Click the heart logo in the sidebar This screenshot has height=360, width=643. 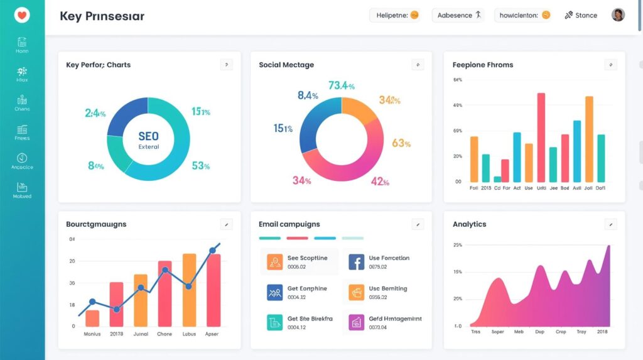pyautogui.click(x=22, y=16)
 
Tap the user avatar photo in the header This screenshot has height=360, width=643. pyautogui.click(x=618, y=15)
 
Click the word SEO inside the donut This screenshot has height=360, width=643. pyautogui.click(x=148, y=136)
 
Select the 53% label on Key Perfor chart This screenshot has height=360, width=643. pyautogui.click(x=201, y=166)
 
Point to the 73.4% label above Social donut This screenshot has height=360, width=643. pyautogui.click(x=342, y=85)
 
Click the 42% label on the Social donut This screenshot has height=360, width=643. pyautogui.click(x=381, y=182)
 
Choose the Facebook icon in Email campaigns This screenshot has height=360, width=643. pyautogui.click(x=356, y=262)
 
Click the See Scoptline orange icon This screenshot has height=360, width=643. pyautogui.click(x=275, y=262)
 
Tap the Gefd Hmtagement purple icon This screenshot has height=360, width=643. pyautogui.click(x=356, y=323)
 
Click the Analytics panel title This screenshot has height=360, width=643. pyautogui.click(x=469, y=224)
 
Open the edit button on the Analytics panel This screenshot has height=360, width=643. pyautogui.click(x=610, y=224)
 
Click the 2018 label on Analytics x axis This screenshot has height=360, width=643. pyautogui.click(x=602, y=332)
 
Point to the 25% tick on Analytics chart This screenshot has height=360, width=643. pyautogui.click(x=457, y=245)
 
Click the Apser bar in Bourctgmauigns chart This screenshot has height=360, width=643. pyautogui.click(x=213, y=289)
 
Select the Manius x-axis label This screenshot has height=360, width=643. pyautogui.click(x=92, y=334)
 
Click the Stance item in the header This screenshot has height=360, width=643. pyautogui.click(x=581, y=15)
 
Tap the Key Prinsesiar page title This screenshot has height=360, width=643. pyautogui.click(x=102, y=16)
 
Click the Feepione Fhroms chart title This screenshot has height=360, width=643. pyautogui.click(x=482, y=65)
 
